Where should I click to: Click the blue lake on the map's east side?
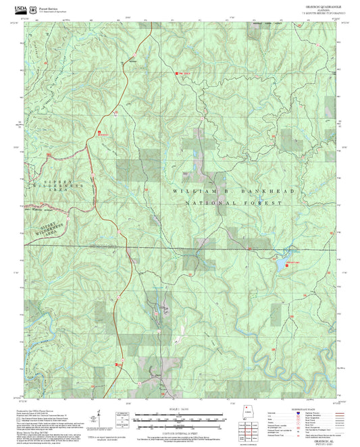click(x=280, y=265)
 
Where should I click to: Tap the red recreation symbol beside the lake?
click(x=287, y=265)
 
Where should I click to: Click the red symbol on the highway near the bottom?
click(x=116, y=365)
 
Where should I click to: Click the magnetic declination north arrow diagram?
click(x=99, y=419)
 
